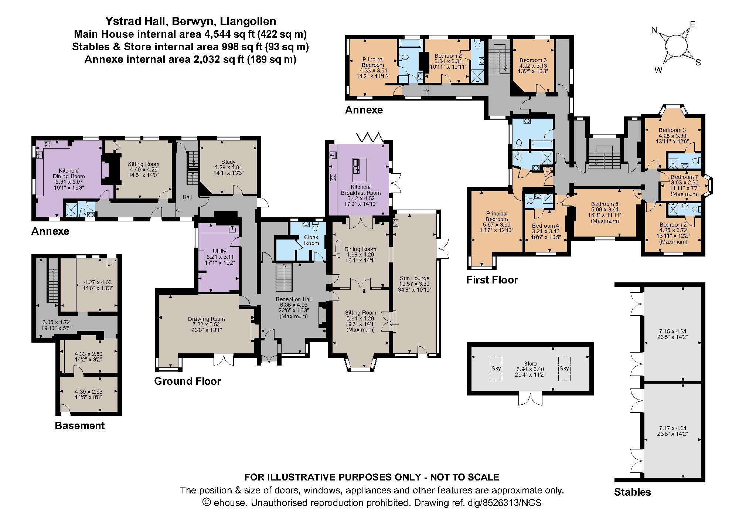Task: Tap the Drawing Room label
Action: (x=206, y=319)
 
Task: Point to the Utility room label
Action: (x=219, y=251)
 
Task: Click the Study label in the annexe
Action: (x=228, y=162)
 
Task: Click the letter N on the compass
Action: (x=654, y=30)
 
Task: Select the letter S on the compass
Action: (x=698, y=62)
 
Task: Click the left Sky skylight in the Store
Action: (x=495, y=369)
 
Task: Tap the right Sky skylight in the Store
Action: (x=564, y=369)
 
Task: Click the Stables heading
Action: (x=633, y=492)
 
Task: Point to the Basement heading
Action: (x=80, y=425)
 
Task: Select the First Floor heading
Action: (x=492, y=280)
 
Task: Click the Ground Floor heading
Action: (x=187, y=381)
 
